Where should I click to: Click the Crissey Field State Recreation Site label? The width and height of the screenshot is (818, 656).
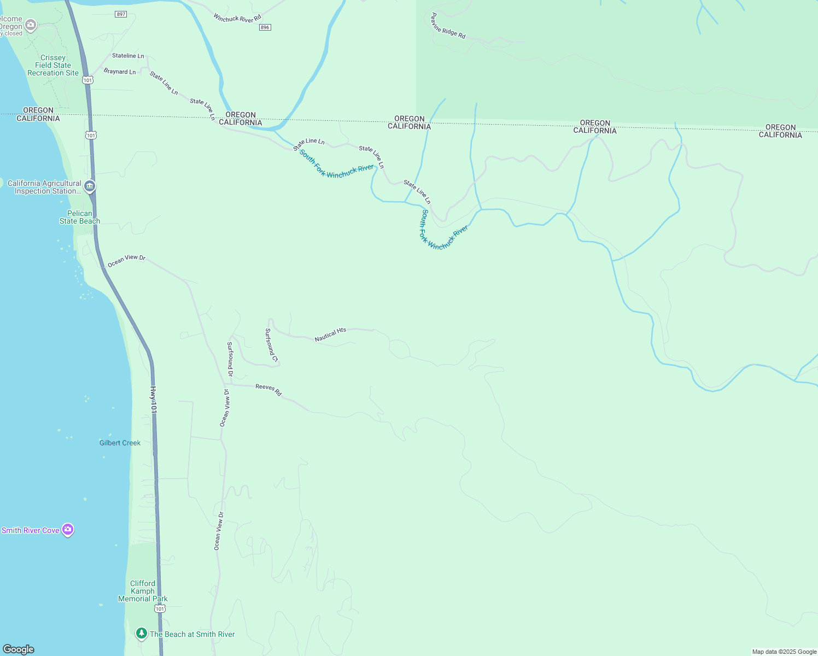point(53,65)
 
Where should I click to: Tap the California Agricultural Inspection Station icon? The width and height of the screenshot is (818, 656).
point(90,186)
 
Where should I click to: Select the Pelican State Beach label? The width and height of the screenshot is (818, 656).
point(80,217)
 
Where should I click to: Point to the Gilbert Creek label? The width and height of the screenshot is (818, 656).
point(120,443)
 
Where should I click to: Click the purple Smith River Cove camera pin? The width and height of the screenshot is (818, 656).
point(68,529)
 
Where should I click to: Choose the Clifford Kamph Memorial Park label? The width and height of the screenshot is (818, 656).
point(143,591)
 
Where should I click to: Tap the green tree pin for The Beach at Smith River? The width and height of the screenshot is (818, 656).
point(142,633)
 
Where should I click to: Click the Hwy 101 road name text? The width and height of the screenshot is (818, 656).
point(154,400)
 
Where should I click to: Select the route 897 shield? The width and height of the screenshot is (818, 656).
point(121,14)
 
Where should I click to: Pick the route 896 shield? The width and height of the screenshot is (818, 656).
point(265,27)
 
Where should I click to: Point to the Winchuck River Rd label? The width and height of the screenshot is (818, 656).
point(237,19)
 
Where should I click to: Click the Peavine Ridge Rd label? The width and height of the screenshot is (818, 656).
point(448,26)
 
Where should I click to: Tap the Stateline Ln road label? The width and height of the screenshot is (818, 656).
point(128,56)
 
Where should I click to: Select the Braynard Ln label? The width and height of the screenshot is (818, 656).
point(120,72)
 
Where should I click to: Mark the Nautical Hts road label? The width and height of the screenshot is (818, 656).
point(330,335)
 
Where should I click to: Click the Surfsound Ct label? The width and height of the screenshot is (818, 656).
point(272,345)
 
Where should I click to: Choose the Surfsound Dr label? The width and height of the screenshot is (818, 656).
point(230,359)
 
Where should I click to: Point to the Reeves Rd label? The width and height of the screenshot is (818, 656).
point(268,389)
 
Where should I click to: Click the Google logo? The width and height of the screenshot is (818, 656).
point(19,649)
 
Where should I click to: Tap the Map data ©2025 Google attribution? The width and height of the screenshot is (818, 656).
point(784,652)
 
